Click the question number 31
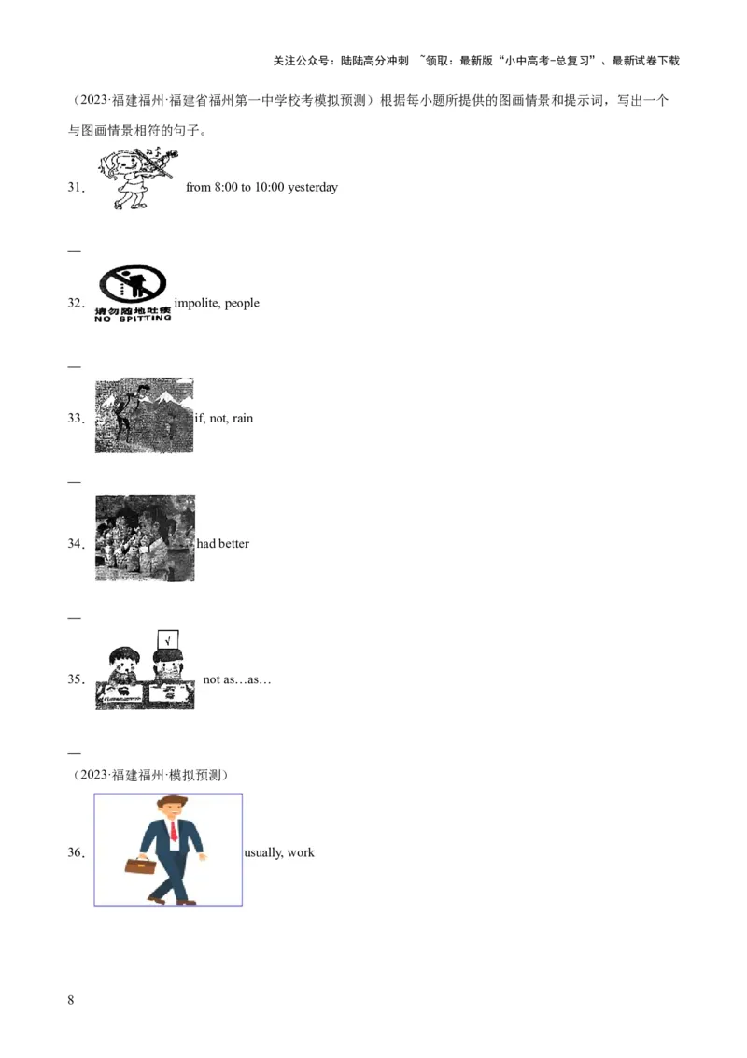(x=76, y=188)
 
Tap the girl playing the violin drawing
(x=138, y=179)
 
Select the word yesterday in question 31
(x=312, y=188)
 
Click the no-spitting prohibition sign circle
(x=133, y=283)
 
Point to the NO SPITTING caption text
(x=133, y=318)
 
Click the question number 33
(x=76, y=419)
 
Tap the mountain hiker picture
(x=145, y=415)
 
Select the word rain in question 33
(x=243, y=419)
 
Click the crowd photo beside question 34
(x=145, y=538)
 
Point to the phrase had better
(x=223, y=544)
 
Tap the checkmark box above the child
(x=168, y=639)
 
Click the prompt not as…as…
(x=236, y=679)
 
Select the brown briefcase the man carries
(x=140, y=865)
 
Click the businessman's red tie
(x=174, y=830)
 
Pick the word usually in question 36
(x=263, y=853)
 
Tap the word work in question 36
(x=301, y=853)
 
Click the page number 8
(x=71, y=1000)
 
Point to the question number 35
(x=76, y=679)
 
